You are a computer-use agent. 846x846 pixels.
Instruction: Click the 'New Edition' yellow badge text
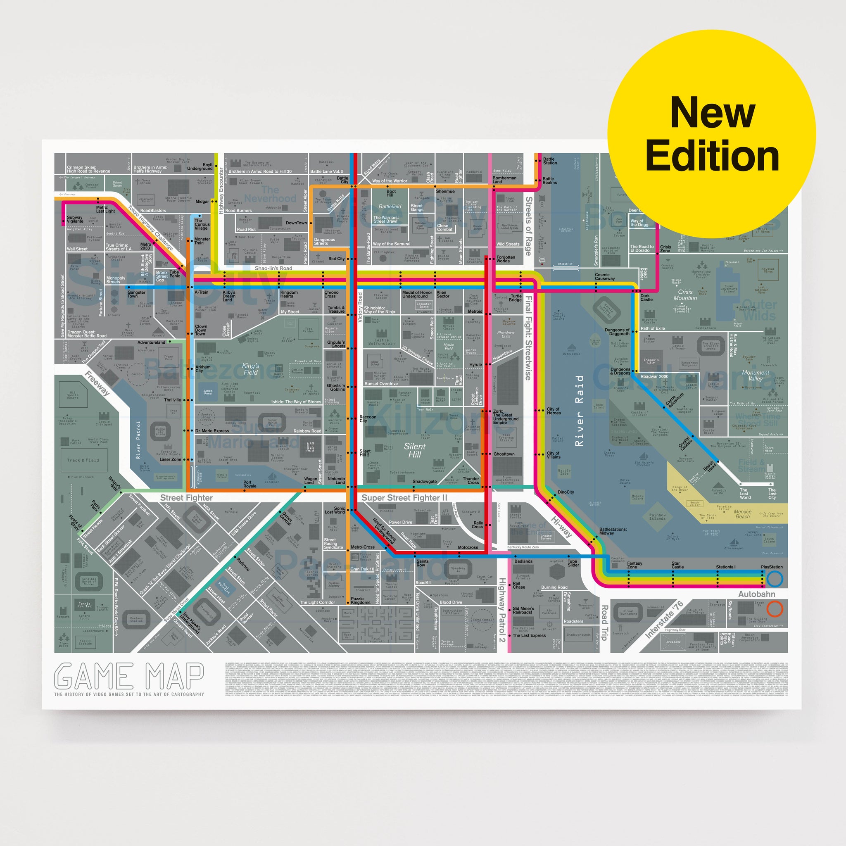click(x=712, y=133)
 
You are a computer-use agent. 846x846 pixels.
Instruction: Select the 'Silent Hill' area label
click(x=414, y=450)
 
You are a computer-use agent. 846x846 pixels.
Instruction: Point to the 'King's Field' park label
click(x=250, y=369)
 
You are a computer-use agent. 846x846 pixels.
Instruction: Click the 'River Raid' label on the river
click(x=579, y=410)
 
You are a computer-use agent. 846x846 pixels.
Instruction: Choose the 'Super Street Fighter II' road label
click(x=404, y=498)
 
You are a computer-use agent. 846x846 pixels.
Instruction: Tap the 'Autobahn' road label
click(x=757, y=594)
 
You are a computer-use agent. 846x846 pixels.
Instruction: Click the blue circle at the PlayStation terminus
click(x=774, y=579)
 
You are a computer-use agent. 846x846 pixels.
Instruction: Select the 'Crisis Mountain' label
click(x=685, y=295)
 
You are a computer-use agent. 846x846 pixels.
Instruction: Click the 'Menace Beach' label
click(x=742, y=514)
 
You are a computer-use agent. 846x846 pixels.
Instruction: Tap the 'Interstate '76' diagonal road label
click(x=664, y=619)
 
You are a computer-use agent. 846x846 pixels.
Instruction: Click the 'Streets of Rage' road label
click(x=528, y=226)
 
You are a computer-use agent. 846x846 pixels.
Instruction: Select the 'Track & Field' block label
click(x=83, y=460)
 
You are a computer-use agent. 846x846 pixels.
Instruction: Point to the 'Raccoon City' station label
click(x=367, y=418)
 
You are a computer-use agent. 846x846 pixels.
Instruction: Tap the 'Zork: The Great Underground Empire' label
click(x=505, y=417)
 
